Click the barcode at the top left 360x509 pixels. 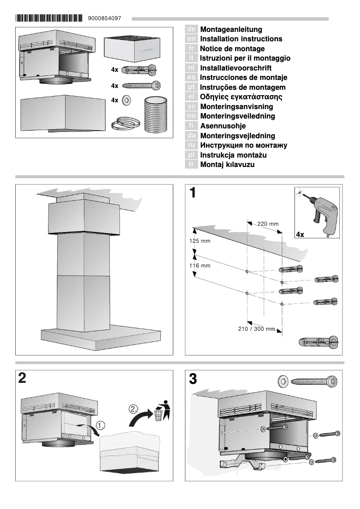(x=49, y=18)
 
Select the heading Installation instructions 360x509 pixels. (x=241, y=39)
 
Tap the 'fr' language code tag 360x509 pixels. (x=191, y=48)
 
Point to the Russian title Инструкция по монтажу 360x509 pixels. (x=243, y=145)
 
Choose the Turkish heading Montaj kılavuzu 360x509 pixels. (x=227, y=165)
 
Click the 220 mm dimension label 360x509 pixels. (x=268, y=224)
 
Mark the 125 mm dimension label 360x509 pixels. (x=199, y=241)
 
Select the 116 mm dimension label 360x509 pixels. (x=199, y=266)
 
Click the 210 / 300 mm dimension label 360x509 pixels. (x=256, y=329)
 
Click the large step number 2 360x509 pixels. (x=22, y=378)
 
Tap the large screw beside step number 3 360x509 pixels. (x=314, y=382)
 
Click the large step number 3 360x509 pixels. (x=193, y=379)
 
